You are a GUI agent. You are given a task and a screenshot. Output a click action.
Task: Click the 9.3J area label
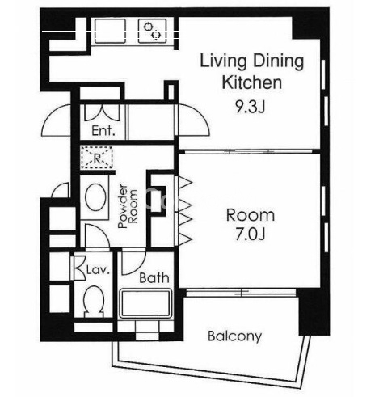tap(251, 107)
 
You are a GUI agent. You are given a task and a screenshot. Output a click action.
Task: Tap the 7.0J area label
tap(251, 234)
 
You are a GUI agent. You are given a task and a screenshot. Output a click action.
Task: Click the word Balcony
tap(234, 336)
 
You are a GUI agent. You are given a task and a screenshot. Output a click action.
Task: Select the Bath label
tap(154, 277)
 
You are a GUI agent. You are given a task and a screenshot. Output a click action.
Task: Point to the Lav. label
tap(99, 270)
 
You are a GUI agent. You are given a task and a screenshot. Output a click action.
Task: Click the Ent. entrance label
tap(103, 131)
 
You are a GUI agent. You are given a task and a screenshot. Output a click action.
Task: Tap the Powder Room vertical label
tap(128, 206)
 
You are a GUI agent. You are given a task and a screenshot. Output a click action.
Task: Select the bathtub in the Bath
tap(145, 303)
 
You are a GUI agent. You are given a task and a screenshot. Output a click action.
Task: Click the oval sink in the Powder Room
tap(95, 196)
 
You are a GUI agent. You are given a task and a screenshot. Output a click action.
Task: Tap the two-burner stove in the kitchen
tap(152, 31)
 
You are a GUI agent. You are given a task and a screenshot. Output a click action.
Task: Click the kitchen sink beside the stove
tap(110, 31)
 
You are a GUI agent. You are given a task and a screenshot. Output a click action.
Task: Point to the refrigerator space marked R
tap(97, 158)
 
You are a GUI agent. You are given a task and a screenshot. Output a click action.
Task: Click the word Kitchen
tap(252, 82)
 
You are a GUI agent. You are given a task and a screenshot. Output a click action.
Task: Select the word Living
tap(223, 62)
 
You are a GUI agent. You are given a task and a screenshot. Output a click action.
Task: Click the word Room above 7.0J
tap(251, 215)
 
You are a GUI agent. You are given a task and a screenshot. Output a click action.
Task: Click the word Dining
tap(279, 62)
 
